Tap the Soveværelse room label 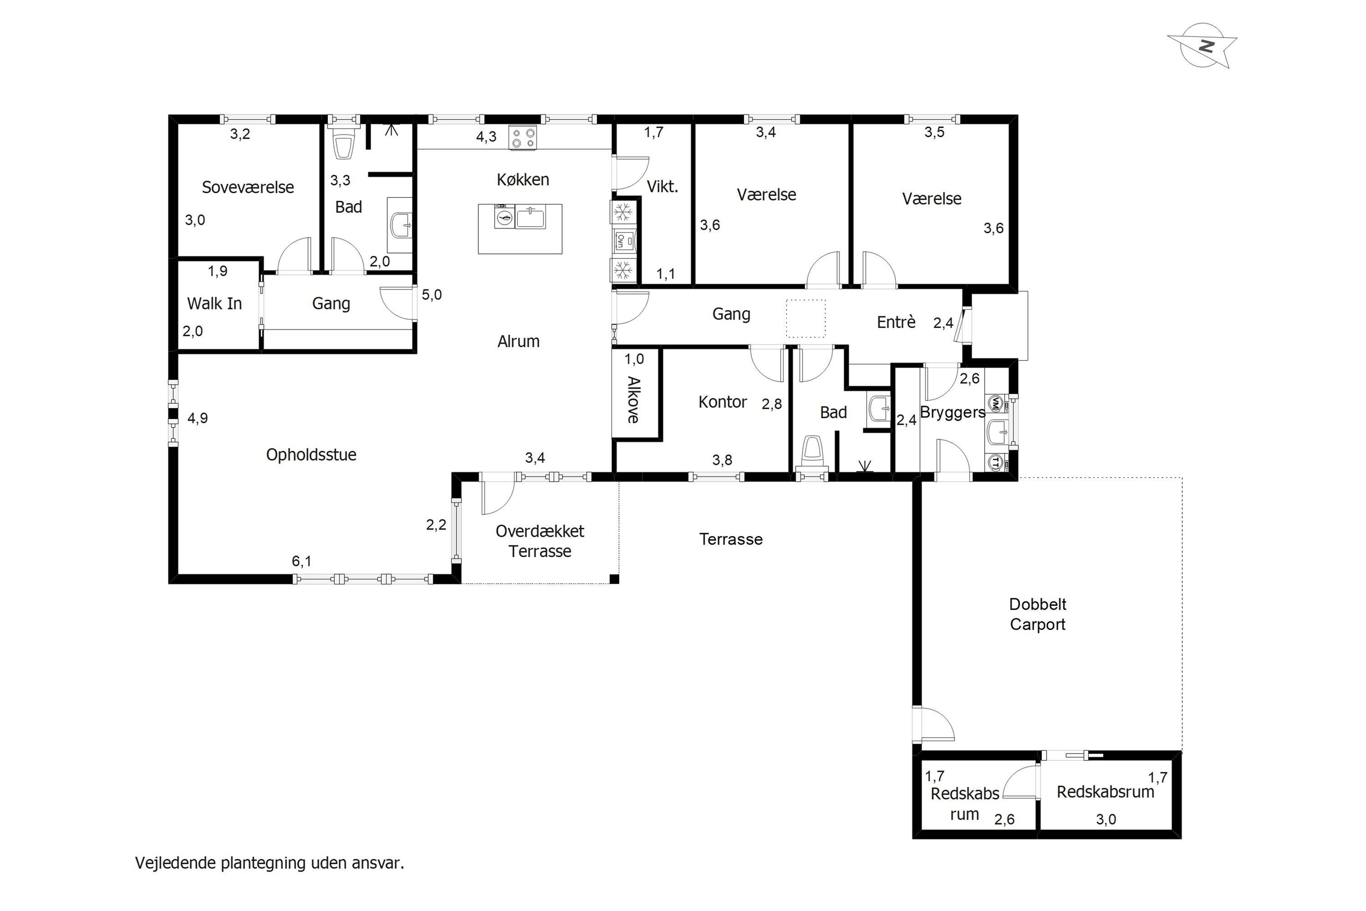click(x=248, y=187)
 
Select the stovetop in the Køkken click(x=523, y=138)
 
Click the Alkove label click(x=634, y=400)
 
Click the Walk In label click(x=214, y=303)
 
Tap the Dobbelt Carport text click(x=1038, y=614)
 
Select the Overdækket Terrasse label click(x=540, y=541)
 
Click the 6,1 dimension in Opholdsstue click(x=301, y=561)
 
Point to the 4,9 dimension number click(x=198, y=418)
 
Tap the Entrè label click(x=896, y=322)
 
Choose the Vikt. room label click(x=663, y=186)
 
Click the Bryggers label click(x=953, y=413)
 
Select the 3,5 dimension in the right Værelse click(x=934, y=133)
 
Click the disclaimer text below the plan click(x=270, y=863)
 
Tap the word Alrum click(x=519, y=342)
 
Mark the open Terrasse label click(x=731, y=539)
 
